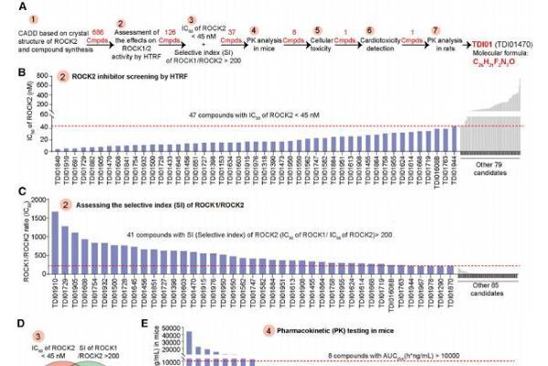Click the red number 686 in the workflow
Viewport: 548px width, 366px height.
tap(98, 33)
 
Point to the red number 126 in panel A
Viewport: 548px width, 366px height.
tap(168, 33)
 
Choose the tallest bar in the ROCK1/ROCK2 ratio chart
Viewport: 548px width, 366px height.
tap(54, 242)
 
